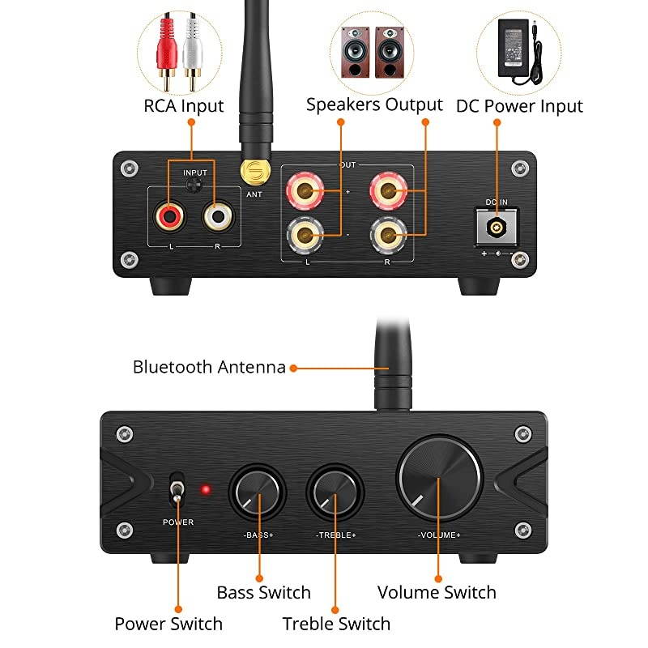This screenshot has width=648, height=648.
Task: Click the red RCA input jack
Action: [170, 215]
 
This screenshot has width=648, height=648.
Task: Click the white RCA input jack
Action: [217, 215]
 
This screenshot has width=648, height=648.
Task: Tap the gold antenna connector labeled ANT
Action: [254, 171]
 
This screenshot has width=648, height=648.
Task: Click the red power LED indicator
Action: [206, 490]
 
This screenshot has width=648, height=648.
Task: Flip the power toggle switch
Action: [177, 492]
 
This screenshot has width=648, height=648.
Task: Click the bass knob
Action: [258, 492]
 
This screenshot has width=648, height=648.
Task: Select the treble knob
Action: [335, 492]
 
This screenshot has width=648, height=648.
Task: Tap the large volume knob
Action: [437, 479]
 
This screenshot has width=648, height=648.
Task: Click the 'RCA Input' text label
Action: [184, 106]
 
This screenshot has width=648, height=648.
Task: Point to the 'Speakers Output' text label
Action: [374, 104]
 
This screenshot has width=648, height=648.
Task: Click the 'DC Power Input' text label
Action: [519, 106]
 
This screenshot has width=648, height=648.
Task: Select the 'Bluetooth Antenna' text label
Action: [209, 367]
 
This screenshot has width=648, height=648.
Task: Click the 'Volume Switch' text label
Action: [437, 592]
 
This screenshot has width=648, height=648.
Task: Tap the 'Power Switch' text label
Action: [168, 624]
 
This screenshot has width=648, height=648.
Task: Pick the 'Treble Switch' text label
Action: [336, 624]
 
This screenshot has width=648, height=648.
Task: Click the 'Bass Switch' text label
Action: [263, 592]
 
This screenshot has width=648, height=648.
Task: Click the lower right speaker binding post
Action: [386, 236]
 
